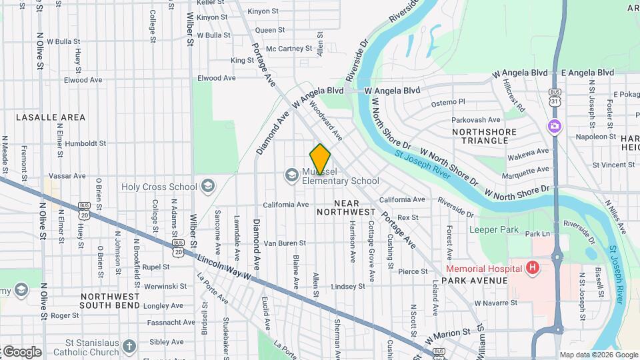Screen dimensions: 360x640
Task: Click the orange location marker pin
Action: (x=320, y=159)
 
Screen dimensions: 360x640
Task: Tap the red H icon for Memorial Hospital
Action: (x=532, y=269)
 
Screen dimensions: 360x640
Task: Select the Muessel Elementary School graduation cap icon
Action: (x=291, y=175)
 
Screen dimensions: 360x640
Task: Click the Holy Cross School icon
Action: (x=207, y=186)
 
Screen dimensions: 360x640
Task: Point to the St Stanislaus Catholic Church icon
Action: (x=129, y=347)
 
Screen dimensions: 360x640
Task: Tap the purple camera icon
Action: (x=554, y=125)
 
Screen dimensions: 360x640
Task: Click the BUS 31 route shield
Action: (x=554, y=97)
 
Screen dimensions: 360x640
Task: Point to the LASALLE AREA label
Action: (x=51, y=117)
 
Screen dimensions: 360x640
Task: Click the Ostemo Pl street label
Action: (x=447, y=103)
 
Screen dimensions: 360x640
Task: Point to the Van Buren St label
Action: (x=285, y=243)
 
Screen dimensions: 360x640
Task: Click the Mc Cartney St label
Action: (x=289, y=48)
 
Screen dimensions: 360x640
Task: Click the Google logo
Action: (x=21, y=351)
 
